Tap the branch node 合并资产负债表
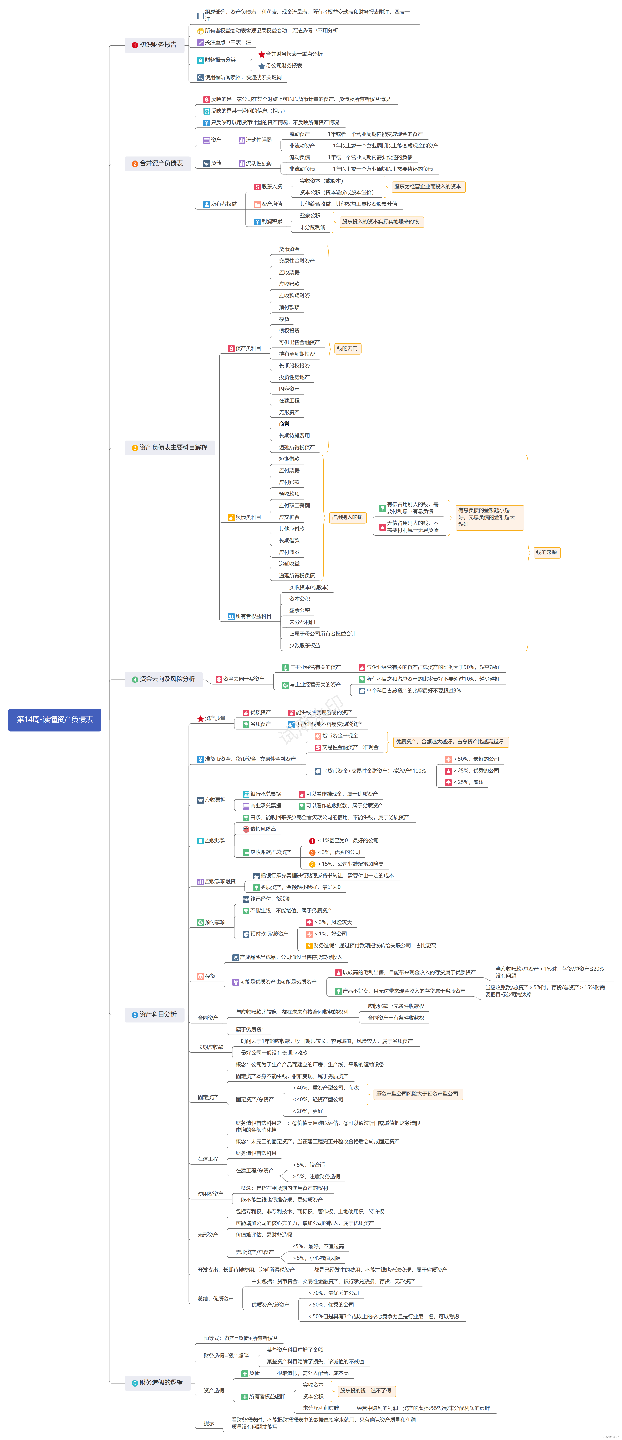[x=157, y=163]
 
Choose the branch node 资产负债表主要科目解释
[x=170, y=447]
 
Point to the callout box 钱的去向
[x=347, y=348]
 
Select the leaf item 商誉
[x=284, y=424]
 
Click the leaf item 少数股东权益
[x=305, y=645]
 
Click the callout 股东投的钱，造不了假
[x=366, y=1390]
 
